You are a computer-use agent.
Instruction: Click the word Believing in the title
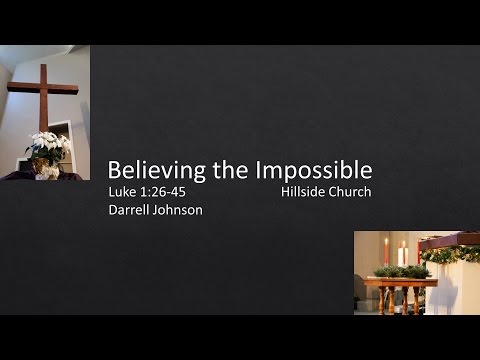point(151,168)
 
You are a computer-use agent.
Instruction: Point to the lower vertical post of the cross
point(44,120)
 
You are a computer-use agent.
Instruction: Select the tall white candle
point(402,254)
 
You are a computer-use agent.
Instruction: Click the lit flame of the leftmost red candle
point(385,242)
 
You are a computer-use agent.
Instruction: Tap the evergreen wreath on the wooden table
point(400,270)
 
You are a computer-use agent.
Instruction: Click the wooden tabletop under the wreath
point(399,281)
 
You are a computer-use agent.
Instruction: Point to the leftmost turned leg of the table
point(372,300)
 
